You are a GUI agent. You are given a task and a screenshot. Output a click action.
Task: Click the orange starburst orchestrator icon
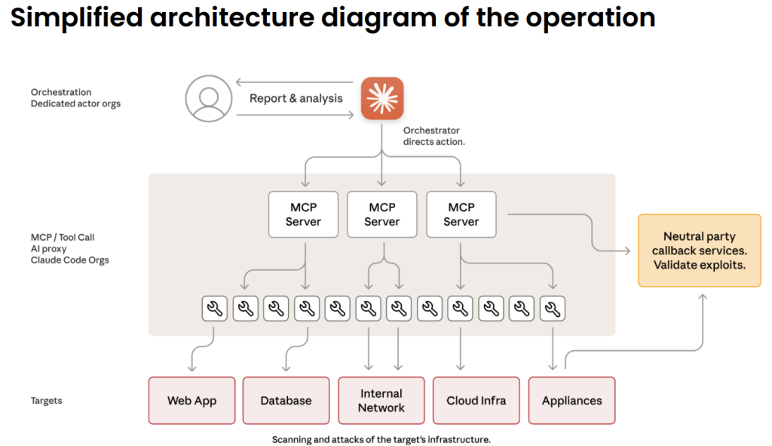tap(382, 98)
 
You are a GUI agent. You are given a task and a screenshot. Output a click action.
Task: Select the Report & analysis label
tap(296, 98)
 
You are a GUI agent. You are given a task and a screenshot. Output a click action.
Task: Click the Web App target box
tap(191, 401)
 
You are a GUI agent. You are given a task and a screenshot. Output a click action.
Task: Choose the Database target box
tap(286, 401)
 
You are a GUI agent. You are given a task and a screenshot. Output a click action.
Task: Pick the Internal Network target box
tap(381, 401)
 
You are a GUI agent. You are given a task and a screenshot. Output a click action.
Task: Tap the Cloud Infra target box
tap(476, 401)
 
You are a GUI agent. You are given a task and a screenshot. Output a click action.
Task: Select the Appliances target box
tap(571, 401)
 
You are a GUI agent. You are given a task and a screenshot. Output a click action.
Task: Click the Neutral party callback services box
tap(699, 251)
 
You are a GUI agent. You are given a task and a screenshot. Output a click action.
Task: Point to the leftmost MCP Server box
tap(303, 214)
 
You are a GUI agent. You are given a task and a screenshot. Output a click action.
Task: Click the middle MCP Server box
tap(381, 214)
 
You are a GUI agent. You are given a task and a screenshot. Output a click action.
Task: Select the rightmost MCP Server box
tap(461, 214)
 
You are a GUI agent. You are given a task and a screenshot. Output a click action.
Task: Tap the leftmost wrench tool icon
tap(215, 308)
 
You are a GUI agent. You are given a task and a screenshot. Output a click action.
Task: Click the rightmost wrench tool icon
tap(553, 308)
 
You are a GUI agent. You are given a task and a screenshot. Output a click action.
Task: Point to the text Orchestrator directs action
tap(433, 136)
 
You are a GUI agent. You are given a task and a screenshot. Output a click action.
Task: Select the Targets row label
tap(46, 401)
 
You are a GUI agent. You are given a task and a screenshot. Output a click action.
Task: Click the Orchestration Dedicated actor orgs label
tap(75, 98)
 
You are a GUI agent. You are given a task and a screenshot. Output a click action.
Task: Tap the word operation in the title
tap(587, 18)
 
